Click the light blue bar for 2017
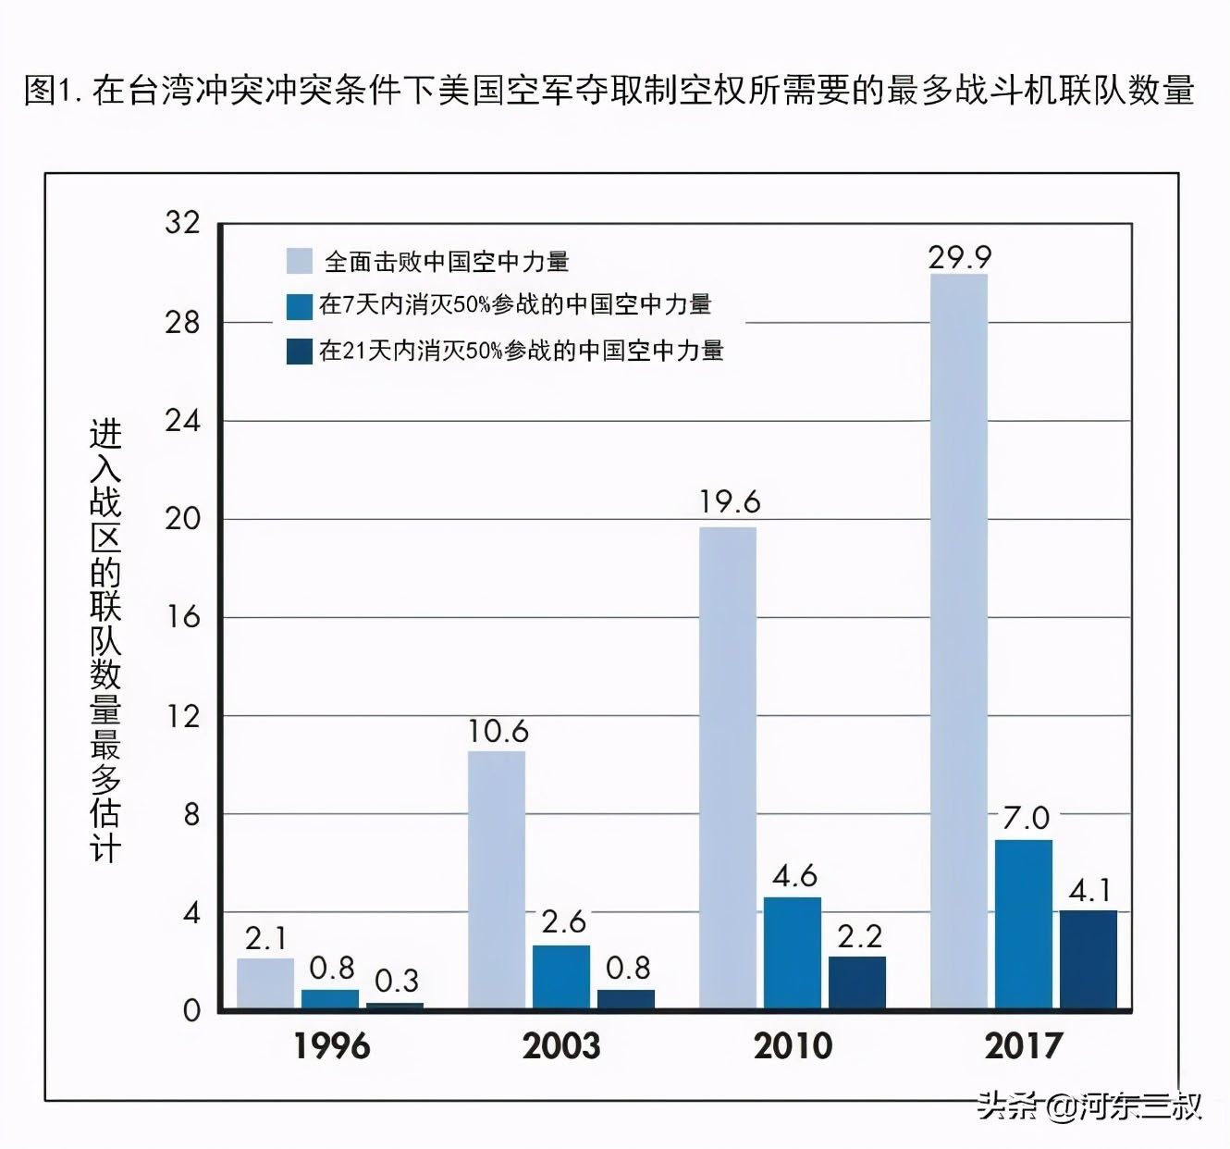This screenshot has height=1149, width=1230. tap(959, 640)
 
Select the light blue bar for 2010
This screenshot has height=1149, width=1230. tap(728, 767)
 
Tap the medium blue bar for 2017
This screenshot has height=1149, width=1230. tap(1024, 923)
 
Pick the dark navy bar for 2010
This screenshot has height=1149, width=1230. tap(857, 982)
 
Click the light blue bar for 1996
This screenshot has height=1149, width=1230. tap(265, 982)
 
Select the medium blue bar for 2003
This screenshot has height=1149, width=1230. tap(561, 976)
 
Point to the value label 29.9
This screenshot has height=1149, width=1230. tap(960, 257)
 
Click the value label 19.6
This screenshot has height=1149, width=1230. tap(729, 502)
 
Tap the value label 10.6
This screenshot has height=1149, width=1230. tap(498, 732)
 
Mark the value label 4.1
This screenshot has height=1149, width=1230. tap(1089, 891)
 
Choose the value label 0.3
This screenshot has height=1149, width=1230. tap(397, 981)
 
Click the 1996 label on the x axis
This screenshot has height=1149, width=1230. tap(331, 1046)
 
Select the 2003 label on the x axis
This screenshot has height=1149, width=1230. tap(561, 1046)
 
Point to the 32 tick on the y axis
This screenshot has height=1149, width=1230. tap(182, 222)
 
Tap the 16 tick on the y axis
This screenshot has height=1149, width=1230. tap(182, 617)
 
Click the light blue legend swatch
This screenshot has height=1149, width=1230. tap(300, 261)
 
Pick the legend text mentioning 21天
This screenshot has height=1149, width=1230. tap(521, 351)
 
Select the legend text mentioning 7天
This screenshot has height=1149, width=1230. tap(515, 304)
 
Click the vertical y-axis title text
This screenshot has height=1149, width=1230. tap(105, 640)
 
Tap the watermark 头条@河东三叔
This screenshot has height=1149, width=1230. tap(1090, 1106)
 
